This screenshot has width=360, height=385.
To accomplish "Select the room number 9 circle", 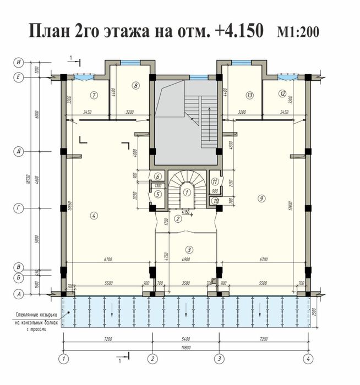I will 260,198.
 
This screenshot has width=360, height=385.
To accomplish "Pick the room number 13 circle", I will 250,95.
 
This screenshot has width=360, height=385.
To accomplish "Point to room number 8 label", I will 135,85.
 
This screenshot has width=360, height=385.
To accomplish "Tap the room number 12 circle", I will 282,94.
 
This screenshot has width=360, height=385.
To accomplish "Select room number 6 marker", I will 157,177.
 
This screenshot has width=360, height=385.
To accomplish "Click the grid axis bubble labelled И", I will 18,63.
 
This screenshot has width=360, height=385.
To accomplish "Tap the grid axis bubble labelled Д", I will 18,150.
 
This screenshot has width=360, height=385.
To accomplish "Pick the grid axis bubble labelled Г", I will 18,207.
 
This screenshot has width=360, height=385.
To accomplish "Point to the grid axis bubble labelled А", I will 18,294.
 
